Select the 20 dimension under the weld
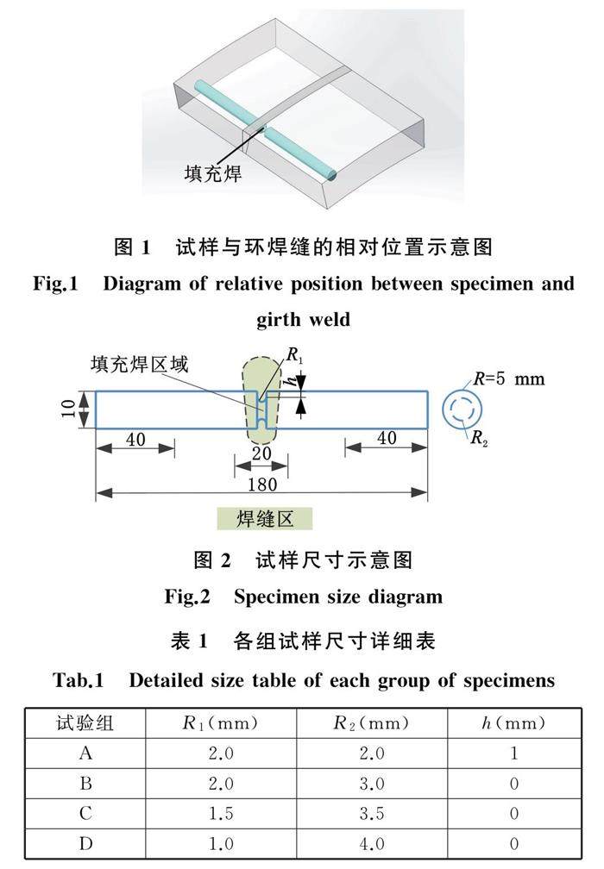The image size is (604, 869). [261, 454]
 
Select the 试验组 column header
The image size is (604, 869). [85, 722]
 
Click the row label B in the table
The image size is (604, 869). [85, 783]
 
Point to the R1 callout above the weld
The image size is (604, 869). [293, 355]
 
